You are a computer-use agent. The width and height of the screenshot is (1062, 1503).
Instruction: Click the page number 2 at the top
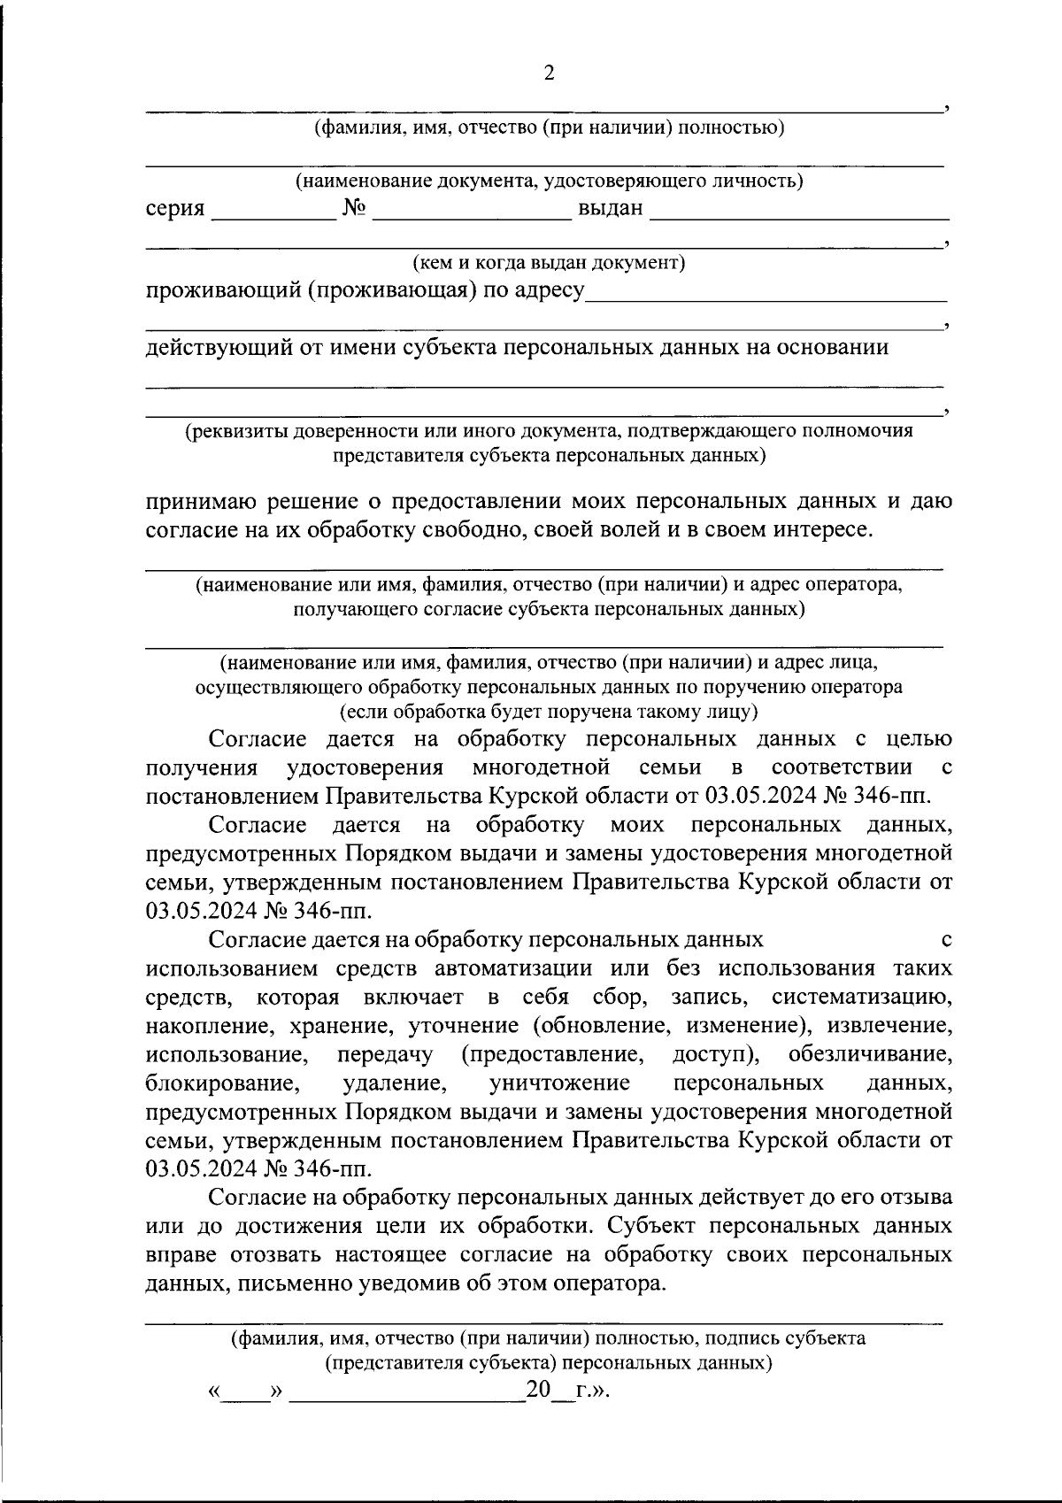pyautogui.click(x=549, y=73)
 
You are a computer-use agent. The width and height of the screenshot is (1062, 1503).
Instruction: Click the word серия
pyautogui.click(x=175, y=210)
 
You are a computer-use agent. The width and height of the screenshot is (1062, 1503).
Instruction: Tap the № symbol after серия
pyautogui.click(x=354, y=210)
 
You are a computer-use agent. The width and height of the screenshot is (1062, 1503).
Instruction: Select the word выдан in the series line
pyautogui.click(x=610, y=210)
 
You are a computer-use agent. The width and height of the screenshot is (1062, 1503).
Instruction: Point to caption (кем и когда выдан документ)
pyautogui.click(x=549, y=263)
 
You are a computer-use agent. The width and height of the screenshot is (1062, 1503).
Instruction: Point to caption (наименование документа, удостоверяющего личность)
pyautogui.click(x=549, y=181)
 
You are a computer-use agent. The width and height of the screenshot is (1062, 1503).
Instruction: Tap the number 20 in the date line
pyautogui.click(x=538, y=1390)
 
